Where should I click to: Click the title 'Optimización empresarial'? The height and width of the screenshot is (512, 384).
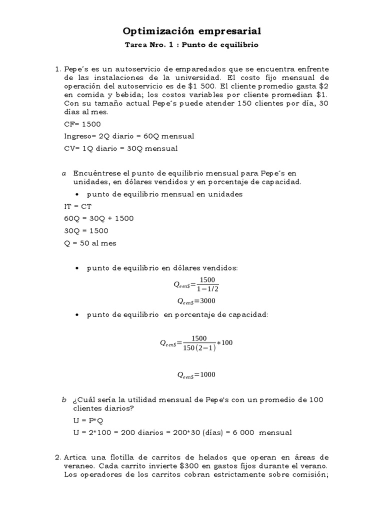tap(192, 31)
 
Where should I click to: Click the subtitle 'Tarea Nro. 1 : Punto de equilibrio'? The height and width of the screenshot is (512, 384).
tap(192, 45)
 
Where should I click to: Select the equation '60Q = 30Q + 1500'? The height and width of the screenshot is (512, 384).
tap(99, 218)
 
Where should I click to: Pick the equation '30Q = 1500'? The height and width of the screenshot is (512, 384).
tap(86, 231)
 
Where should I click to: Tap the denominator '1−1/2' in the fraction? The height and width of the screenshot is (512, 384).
tap(207, 289)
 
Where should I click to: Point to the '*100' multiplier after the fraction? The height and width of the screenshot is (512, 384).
tap(226, 343)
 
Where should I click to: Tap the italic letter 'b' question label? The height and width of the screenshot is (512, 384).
tap(63, 399)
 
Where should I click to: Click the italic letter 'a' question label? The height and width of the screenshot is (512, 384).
tap(63, 173)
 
